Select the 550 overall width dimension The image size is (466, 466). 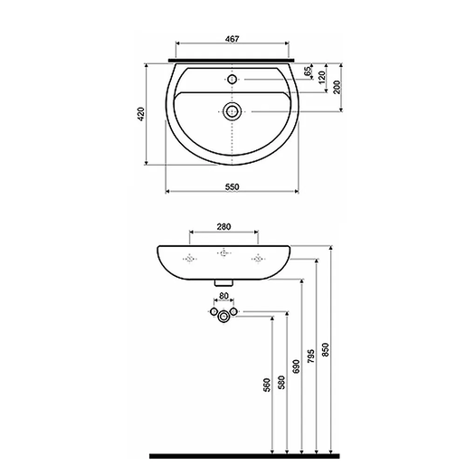tap(232, 185)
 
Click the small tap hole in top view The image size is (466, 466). tap(233, 80)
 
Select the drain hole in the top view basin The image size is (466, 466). tap(233, 111)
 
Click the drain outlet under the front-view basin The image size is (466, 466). tap(223, 281)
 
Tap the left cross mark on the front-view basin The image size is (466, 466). tap(189, 260)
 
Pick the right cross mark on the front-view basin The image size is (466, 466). tap(258, 260)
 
